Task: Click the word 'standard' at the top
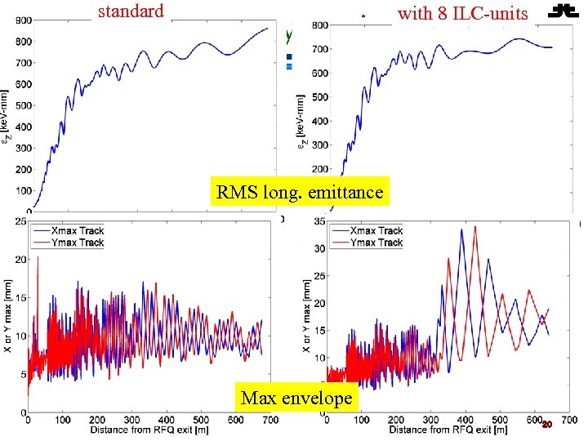coord(131,11)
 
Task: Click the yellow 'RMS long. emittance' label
coord(299,192)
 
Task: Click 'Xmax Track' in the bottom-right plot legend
coord(376,230)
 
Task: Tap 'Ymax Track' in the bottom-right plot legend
coord(376,243)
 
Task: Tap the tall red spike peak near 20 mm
coord(38,257)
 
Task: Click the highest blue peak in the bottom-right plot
coord(462,229)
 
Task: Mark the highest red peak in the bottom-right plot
coord(475,227)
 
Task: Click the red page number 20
coord(547,425)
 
